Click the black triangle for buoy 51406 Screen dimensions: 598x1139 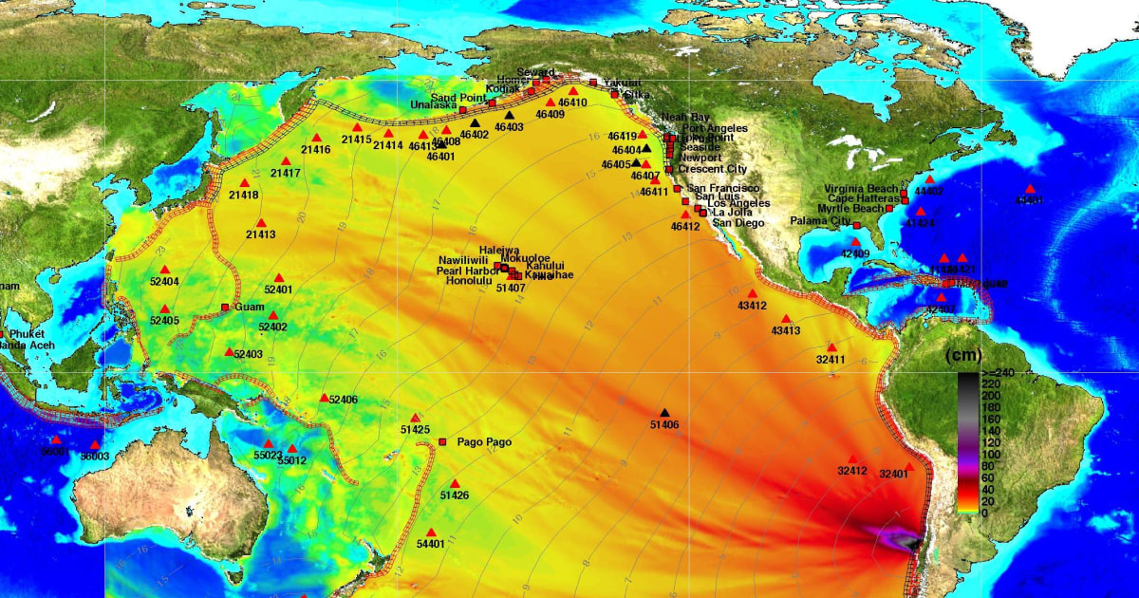click(664, 412)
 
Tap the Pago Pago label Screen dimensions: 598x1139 click(484, 442)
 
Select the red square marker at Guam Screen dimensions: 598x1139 click(225, 307)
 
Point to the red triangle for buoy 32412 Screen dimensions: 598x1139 click(852, 458)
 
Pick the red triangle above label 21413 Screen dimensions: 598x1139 click(261, 223)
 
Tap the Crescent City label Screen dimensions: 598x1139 click(712, 169)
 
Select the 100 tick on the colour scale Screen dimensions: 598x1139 click(965, 455)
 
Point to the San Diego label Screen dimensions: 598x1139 click(738, 223)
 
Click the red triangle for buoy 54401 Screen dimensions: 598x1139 click(431, 533)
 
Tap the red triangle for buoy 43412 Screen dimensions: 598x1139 click(752, 293)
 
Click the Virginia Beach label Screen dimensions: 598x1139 click(860, 189)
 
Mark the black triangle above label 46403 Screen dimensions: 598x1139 click(509, 116)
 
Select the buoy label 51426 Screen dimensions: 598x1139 click(455, 495)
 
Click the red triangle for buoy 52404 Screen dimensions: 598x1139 click(164, 270)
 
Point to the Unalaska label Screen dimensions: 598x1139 click(434, 104)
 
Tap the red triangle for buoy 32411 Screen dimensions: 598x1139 click(831, 347)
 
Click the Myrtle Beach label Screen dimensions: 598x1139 click(850, 208)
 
